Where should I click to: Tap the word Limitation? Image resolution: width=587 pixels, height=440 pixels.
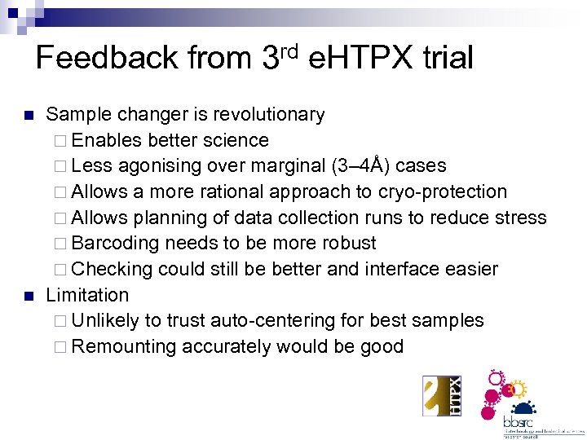[x=87, y=295]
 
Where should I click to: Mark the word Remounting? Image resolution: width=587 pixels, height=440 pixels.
[x=124, y=347]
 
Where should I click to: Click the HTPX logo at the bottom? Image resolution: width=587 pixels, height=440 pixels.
[x=442, y=395]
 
